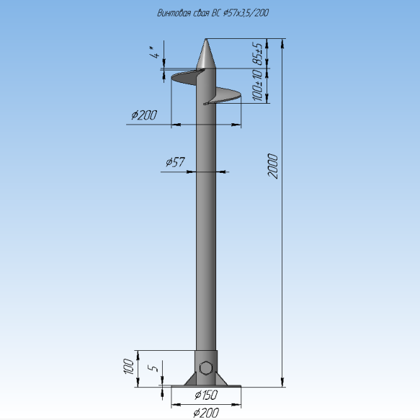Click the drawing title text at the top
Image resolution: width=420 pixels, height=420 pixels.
click(213, 13)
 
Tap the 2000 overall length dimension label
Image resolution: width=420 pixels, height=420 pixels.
click(273, 166)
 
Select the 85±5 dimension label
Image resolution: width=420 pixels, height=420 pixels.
click(258, 54)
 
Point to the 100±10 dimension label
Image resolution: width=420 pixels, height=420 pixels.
click(258, 85)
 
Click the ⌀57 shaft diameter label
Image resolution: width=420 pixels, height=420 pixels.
click(176, 162)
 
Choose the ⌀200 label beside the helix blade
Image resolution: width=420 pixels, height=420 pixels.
click(144, 115)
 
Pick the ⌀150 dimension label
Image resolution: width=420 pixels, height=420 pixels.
click(206, 395)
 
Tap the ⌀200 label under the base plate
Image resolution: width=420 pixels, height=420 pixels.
click(206, 413)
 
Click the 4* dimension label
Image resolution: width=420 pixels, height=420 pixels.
click(155, 53)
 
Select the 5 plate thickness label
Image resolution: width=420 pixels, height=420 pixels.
click(153, 367)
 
